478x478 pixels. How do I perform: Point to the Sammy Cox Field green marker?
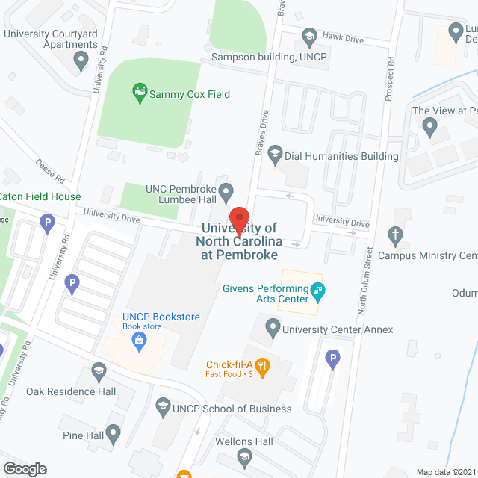click(x=139, y=94)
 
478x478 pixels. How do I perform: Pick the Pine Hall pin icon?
click(x=113, y=432)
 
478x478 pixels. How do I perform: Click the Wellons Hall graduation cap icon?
click(x=244, y=457)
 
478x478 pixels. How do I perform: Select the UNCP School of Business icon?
click(x=163, y=408)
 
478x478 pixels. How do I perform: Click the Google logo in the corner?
click(x=24, y=469)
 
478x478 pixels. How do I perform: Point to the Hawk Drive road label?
click(x=344, y=37)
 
